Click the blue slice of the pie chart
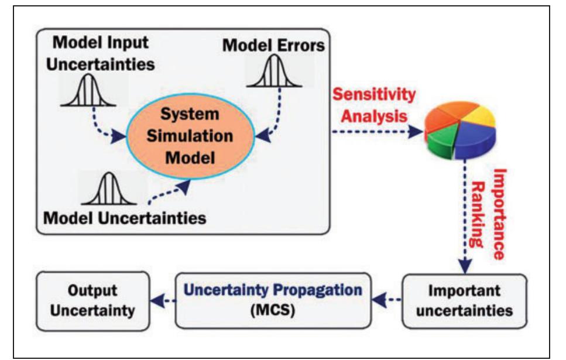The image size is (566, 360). pos(468,147)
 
